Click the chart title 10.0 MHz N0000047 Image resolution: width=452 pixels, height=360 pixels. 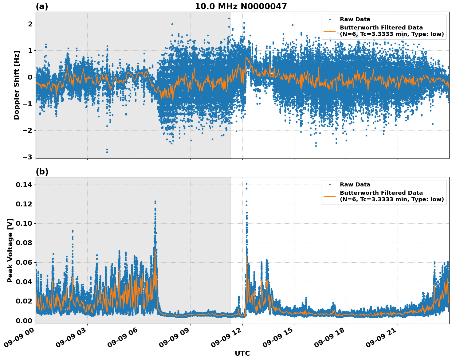pyautogui.click(x=241, y=6)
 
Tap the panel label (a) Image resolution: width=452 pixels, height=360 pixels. pyautogui.click(x=42, y=6)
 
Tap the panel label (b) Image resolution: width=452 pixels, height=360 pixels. pyautogui.click(x=42, y=172)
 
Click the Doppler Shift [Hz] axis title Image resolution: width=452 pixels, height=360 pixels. pyautogui.click(x=17, y=85)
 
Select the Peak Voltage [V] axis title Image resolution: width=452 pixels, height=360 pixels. pyautogui.click(x=10, y=250)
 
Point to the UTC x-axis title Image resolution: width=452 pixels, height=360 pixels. pyautogui.click(x=242, y=353)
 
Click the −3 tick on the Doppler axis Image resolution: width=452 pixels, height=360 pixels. pyautogui.click(x=28, y=157)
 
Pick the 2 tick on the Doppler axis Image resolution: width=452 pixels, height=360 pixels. pyautogui.click(x=30, y=24)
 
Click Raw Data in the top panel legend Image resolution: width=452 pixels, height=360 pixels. pyautogui.click(x=355, y=19)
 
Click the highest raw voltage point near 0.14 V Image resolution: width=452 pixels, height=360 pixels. pyautogui.click(x=246, y=184)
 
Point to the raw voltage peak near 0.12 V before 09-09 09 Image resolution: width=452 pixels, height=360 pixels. pyautogui.click(x=155, y=202)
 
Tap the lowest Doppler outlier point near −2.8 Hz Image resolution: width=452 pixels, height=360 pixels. pyautogui.click(x=107, y=152)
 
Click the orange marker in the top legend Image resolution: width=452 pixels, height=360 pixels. pyautogui.click(x=330, y=31)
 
